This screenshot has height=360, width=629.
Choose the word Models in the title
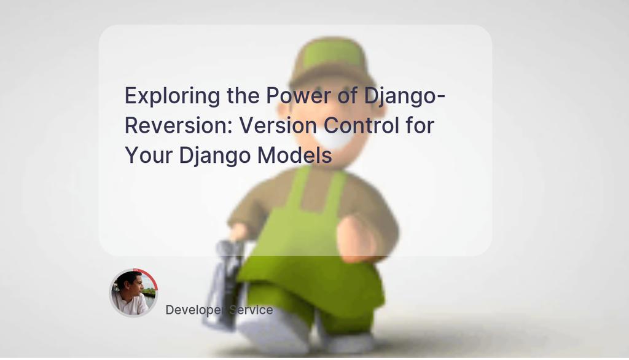tap(294, 155)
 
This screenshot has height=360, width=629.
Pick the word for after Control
tap(420, 126)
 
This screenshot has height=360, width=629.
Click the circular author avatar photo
tap(133, 293)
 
